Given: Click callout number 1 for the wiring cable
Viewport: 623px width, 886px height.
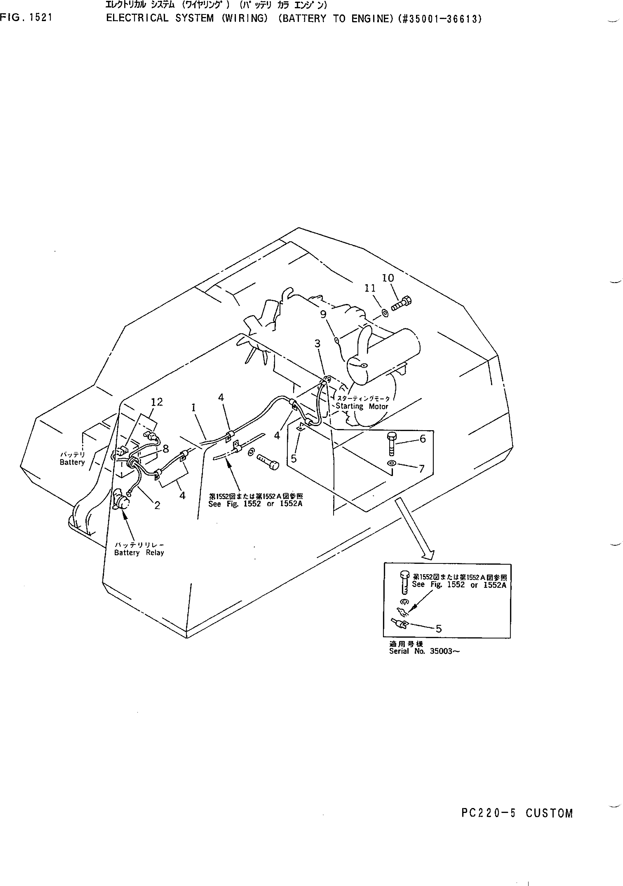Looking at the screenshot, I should [193, 408].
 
